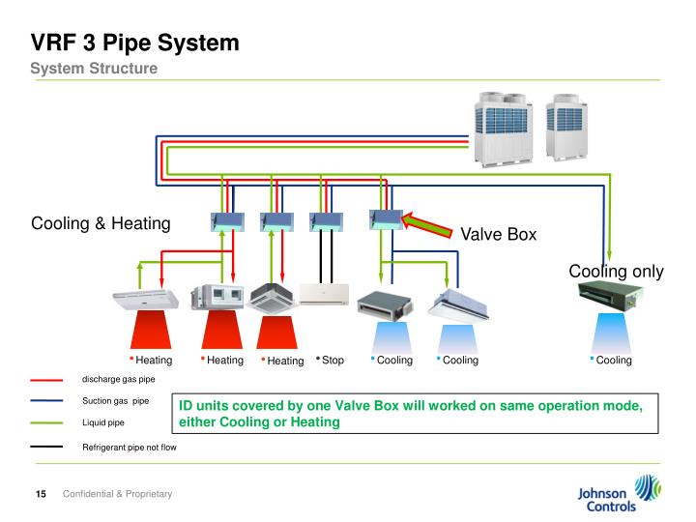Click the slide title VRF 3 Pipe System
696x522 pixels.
click(x=134, y=43)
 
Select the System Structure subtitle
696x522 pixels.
click(x=93, y=69)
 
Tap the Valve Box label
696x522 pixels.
click(x=498, y=235)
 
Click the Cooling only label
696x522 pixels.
click(x=616, y=272)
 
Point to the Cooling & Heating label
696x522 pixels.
click(x=101, y=223)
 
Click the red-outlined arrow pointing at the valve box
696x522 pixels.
click(x=429, y=224)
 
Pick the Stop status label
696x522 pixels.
click(x=332, y=361)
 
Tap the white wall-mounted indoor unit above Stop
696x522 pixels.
click(x=322, y=294)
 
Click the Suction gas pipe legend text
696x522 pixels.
click(x=115, y=401)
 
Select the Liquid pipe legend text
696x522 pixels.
click(x=103, y=422)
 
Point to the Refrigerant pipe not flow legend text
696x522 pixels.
click(x=129, y=448)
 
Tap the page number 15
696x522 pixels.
click(x=42, y=495)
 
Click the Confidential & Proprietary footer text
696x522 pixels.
click(x=117, y=495)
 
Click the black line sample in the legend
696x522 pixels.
click(x=46, y=448)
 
